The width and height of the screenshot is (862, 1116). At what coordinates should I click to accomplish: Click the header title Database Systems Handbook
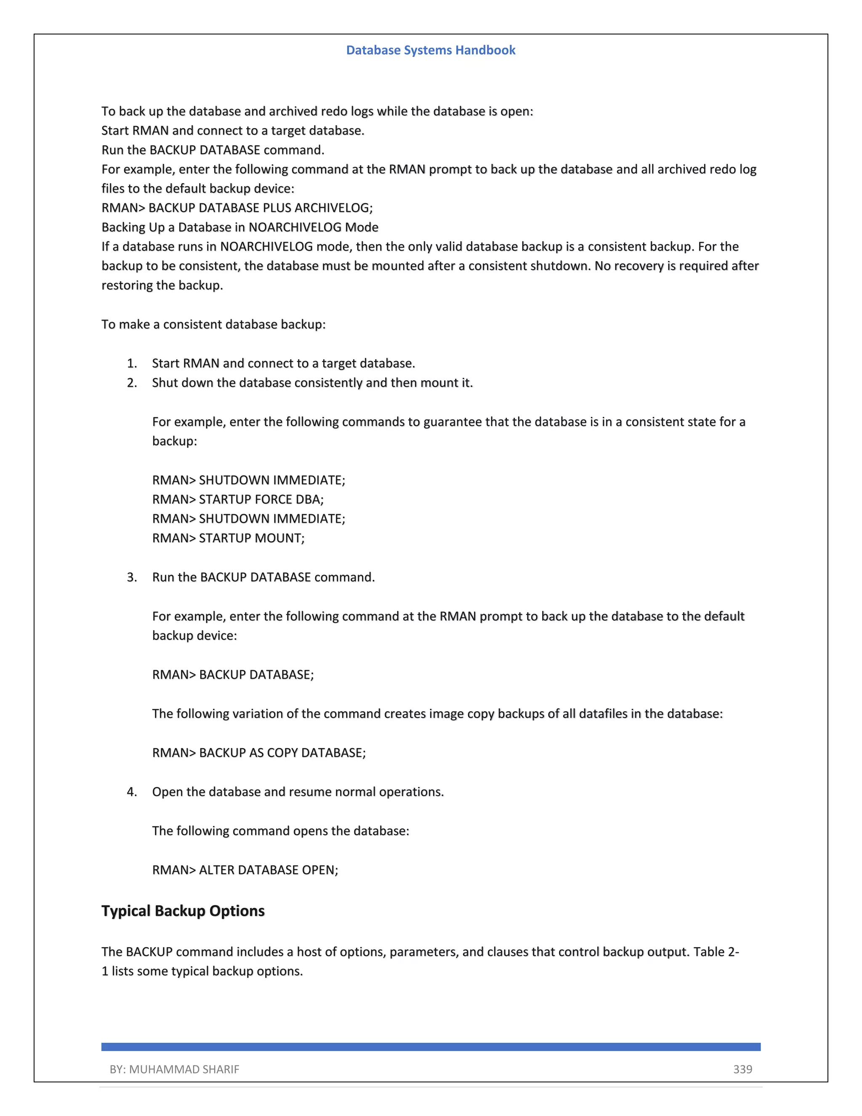[x=431, y=50]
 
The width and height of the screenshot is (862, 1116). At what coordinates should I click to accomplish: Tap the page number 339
[x=742, y=1069]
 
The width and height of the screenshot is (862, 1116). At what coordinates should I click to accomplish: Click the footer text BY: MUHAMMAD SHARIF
[x=174, y=1069]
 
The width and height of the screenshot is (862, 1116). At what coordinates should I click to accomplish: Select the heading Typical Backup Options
[x=183, y=910]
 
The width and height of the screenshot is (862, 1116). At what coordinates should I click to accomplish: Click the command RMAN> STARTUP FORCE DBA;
[x=238, y=499]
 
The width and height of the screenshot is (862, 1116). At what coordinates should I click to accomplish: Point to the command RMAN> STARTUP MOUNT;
[x=228, y=538]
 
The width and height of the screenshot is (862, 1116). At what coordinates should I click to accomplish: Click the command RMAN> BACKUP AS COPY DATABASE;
[x=259, y=753]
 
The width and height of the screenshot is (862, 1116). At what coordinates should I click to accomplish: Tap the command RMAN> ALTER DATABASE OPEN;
[x=245, y=870]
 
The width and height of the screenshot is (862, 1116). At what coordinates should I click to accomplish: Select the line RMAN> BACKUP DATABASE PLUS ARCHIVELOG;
[x=237, y=208]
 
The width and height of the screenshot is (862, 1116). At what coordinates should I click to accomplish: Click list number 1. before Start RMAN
[x=132, y=363]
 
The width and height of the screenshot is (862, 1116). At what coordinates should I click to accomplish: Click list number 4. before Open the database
[x=132, y=792]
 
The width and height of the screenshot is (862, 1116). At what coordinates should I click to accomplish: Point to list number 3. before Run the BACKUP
[x=132, y=577]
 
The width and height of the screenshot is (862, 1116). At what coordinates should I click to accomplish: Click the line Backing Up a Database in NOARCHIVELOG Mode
[x=240, y=227]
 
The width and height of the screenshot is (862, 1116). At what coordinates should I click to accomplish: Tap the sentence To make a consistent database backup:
[x=213, y=324]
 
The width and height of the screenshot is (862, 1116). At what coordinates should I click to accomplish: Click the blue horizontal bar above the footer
[x=431, y=1047]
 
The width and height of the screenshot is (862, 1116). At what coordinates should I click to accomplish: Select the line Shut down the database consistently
[x=312, y=383]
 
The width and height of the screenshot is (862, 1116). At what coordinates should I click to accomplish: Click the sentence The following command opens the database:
[x=280, y=831]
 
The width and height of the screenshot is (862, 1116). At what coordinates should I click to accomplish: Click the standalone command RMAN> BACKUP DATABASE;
[x=233, y=675]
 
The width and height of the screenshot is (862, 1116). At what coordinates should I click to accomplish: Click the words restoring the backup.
[x=162, y=285]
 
